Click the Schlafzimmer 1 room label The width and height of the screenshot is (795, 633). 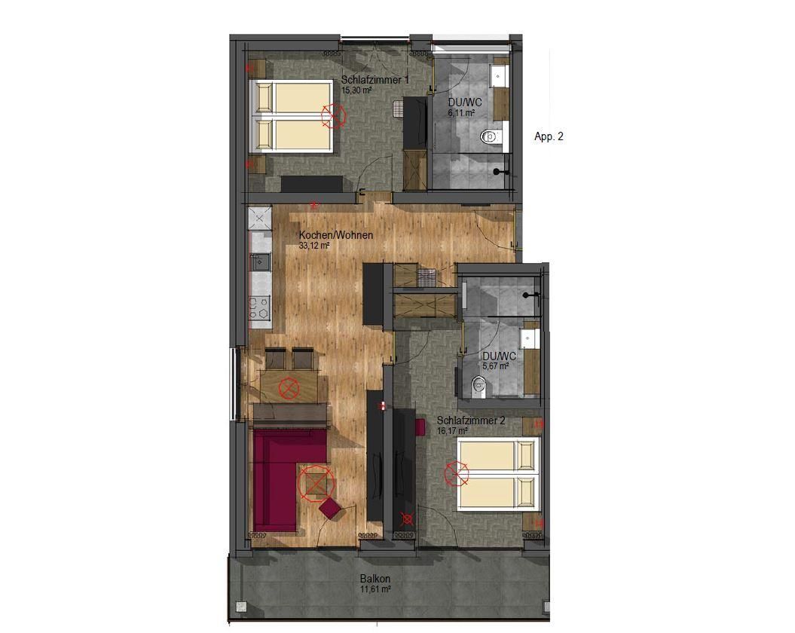pyautogui.click(x=375, y=80)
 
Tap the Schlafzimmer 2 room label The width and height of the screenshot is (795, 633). pyautogui.click(x=470, y=420)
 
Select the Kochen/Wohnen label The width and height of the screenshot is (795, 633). pyautogui.click(x=336, y=235)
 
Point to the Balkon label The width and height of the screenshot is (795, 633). pyautogui.click(x=375, y=579)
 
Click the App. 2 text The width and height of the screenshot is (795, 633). pyautogui.click(x=549, y=136)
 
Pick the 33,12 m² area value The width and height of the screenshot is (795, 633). pyautogui.click(x=314, y=246)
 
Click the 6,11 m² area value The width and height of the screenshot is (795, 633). pyautogui.click(x=461, y=113)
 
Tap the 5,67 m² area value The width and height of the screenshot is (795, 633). pyautogui.click(x=496, y=365)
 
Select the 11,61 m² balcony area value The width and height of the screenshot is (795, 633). pyautogui.click(x=375, y=589)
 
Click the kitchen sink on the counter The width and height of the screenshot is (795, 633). pyautogui.click(x=260, y=261)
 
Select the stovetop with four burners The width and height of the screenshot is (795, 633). pyautogui.click(x=259, y=307)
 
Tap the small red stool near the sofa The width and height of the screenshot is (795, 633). pyautogui.click(x=331, y=508)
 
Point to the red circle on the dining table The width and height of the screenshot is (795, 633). pyautogui.click(x=289, y=388)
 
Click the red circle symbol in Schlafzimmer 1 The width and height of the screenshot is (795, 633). pyautogui.click(x=333, y=115)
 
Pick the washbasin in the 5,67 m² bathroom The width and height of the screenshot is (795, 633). pyautogui.click(x=530, y=338)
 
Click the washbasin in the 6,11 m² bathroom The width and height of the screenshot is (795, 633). pyautogui.click(x=499, y=76)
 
